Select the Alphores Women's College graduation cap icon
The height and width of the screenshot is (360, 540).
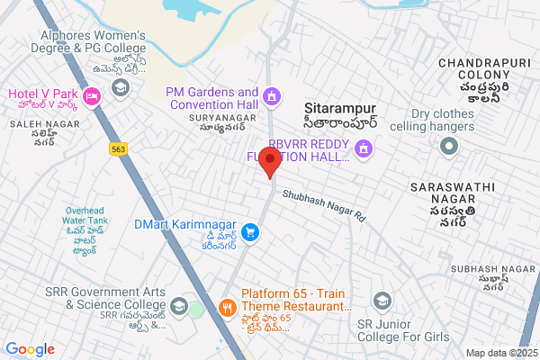coord(119,87)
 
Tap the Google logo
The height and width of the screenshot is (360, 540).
coord(30,349)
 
